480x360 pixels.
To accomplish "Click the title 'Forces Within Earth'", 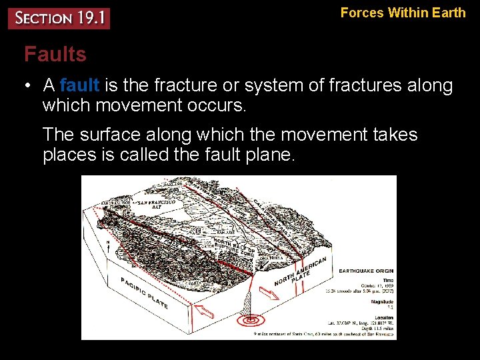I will pos(403,13).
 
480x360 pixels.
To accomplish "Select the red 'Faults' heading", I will pos(55,54).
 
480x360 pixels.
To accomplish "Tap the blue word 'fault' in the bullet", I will pos(79,86).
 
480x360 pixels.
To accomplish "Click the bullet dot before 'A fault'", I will pos(27,86).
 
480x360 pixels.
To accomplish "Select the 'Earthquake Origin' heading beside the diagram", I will pos(366,271).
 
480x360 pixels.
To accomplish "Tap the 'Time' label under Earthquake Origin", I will pos(388,280).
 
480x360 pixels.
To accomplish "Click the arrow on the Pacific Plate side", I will pos(203,310).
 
